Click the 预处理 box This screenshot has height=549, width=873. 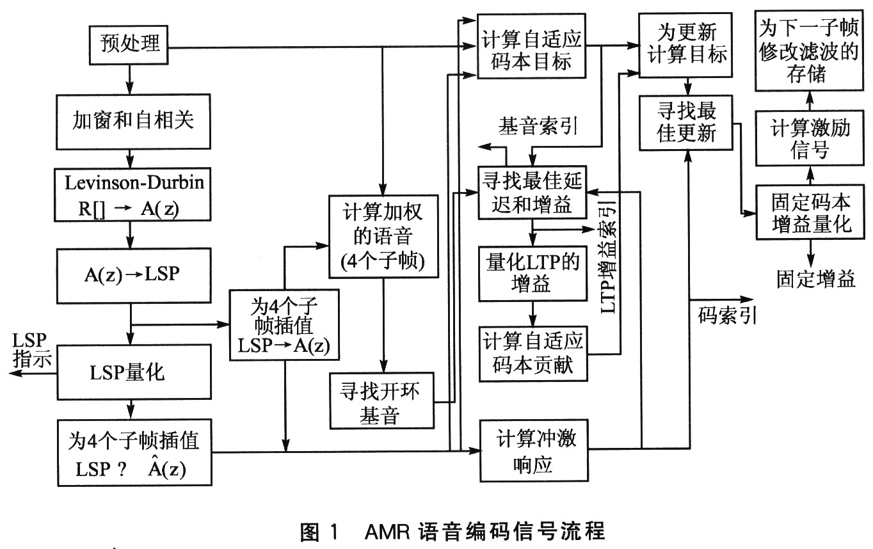point(129,45)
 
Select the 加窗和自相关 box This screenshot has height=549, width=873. point(133,122)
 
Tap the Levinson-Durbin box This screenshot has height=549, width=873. point(132,195)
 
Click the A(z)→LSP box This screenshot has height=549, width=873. point(134,276)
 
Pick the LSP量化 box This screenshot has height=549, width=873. point(134,372)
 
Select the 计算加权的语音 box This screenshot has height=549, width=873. point(383,237)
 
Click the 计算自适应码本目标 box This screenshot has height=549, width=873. point(532,46)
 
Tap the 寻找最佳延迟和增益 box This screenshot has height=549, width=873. point(533,192)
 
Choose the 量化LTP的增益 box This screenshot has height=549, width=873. point(533,273)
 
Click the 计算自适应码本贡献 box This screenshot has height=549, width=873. point(533,354)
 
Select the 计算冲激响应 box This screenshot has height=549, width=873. point(534,450)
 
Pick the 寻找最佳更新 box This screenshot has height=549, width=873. point(686,123)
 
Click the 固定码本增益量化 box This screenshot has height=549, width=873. point(810,212)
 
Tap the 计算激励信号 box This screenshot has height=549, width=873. point(810,138)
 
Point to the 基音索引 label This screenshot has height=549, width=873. point(538,126)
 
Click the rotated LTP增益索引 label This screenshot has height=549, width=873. point(609,257)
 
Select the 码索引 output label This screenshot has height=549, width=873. point(727,315)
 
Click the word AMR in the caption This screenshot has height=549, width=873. point(387,532)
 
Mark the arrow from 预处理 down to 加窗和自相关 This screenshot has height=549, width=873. point(130,79)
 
